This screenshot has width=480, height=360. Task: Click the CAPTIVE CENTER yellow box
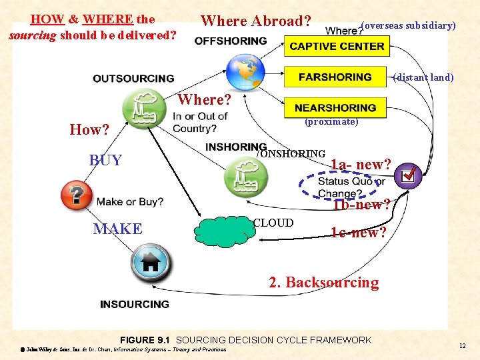337,46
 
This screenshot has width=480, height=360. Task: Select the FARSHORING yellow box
335,77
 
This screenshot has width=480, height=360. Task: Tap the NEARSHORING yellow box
335,107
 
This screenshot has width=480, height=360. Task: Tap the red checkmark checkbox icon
407,176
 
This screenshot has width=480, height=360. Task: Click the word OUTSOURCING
133,79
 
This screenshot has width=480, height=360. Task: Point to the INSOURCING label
134,304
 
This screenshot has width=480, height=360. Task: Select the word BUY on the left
105,160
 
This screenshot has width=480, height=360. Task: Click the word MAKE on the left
117,229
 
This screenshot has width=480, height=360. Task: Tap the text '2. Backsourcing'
323,282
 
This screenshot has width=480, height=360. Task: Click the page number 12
462,345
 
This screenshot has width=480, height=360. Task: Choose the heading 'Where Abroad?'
256,21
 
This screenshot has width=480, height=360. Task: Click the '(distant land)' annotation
423,77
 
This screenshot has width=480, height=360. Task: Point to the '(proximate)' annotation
331,122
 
